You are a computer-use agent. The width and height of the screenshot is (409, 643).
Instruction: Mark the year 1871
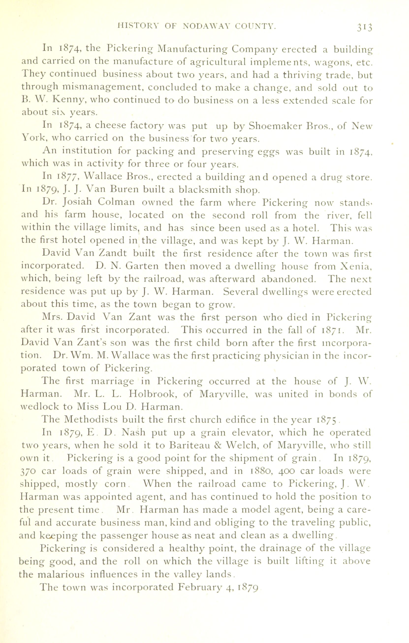point(333,330)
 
